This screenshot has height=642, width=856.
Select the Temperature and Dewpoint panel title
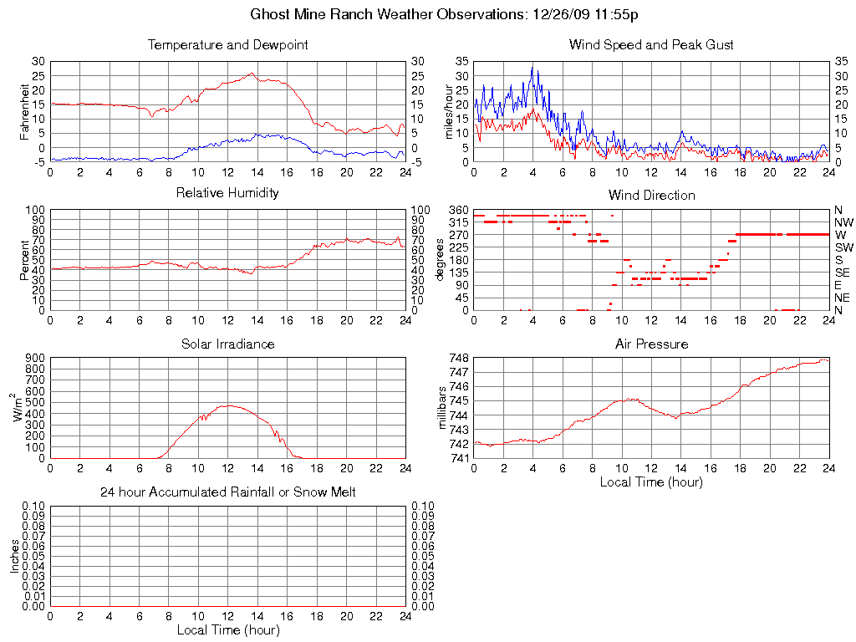click(x=227, y=45)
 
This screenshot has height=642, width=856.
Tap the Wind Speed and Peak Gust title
click(x=651, y=45)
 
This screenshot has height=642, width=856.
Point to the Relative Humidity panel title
click(x=227, y=193)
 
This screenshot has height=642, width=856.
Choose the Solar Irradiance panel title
click(x=227, y=344)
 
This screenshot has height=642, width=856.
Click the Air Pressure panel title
click(x=651, y=344)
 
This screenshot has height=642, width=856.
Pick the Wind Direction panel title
click(x=651, y=195)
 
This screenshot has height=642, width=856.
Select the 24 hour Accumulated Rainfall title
click(x=227, y=492)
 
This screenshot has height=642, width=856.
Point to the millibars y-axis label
click(x=446, y=406)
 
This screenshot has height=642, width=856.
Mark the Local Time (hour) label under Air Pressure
click(x=651, y=482)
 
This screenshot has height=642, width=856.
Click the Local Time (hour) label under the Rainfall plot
click(x=227, y=630)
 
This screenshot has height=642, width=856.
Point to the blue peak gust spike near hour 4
click(x=532, y=67)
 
